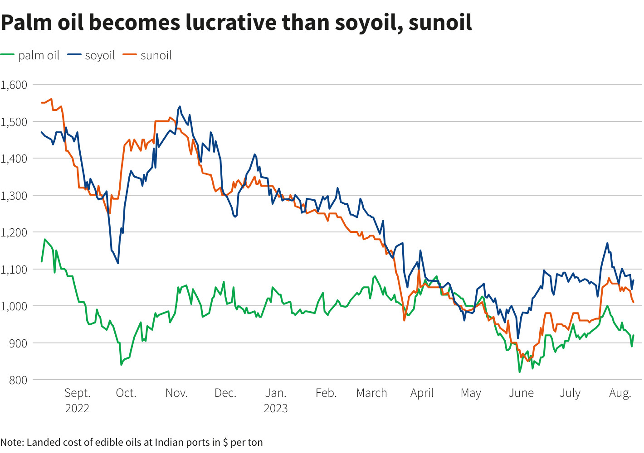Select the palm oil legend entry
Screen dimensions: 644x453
30,55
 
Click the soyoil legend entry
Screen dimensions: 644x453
91,55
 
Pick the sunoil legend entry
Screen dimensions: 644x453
147,55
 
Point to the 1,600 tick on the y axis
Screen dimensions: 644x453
14,85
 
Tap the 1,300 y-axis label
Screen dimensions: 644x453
14,196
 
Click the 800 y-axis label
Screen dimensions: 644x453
18,381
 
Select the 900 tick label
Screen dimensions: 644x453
18,343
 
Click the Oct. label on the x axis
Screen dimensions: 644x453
126,393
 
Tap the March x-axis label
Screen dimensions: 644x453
371,393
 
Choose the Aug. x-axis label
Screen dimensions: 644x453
620,393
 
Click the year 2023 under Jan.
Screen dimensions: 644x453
275,409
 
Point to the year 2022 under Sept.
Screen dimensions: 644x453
77,409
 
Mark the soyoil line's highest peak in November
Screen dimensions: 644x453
180,106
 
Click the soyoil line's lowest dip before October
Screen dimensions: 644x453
118,263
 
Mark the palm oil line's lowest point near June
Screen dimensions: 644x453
520,372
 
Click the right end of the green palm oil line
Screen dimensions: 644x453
634,335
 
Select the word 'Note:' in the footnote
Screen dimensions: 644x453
12,443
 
